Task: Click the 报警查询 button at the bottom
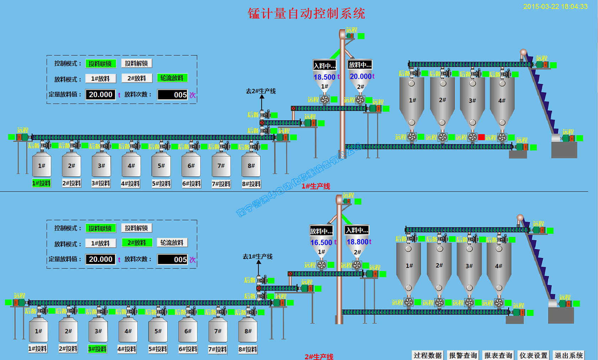tap(463, 355)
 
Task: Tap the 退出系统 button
tap(568, 355)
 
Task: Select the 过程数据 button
tap(427, 355)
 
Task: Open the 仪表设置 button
tap(533, 355)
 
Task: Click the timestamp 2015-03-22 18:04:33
tap(555, 6)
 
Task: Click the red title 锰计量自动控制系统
tap(306, 14)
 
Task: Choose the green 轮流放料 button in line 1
tap(172, 78)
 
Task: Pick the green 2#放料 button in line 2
tap(137, 243)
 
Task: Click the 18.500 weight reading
tap(324, 77)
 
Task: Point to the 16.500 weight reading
tap(321, 242)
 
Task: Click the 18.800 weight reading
tap(357, 242)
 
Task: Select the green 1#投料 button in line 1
tap(41, 183)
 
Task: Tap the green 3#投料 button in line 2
tap(97, 349)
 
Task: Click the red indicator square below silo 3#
tap(481, 137)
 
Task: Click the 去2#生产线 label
tap(261, 91)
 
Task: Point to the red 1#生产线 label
tap(316, 186)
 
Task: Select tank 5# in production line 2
tap(158, 331)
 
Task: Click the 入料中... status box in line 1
tap(324, 65)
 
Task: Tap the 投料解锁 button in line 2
tap(136, 228)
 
